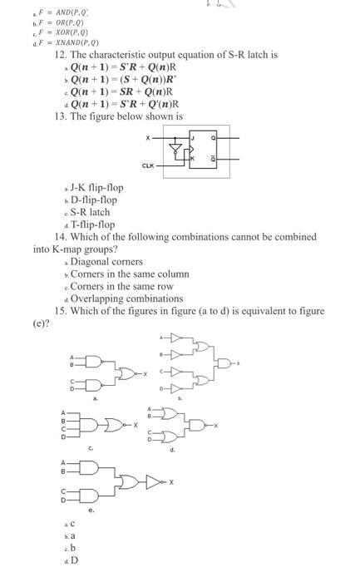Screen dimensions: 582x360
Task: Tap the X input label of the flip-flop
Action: (149, 136)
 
